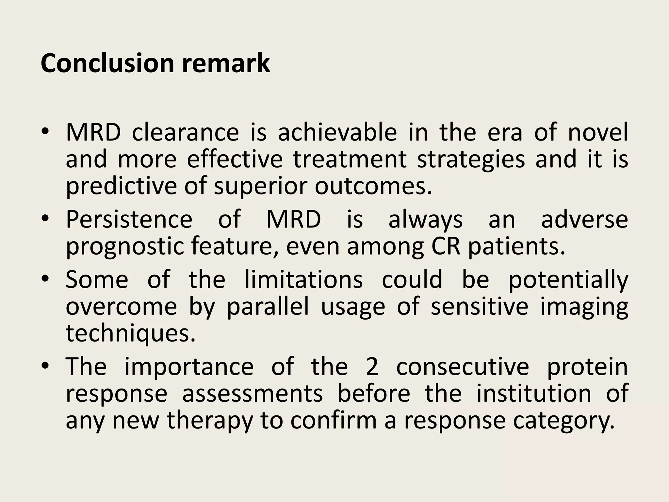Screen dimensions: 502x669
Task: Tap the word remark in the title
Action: [226, 63]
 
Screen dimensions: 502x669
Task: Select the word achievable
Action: [337, 132]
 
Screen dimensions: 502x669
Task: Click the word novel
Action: [598, 132]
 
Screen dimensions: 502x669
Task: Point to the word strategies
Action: [471, 160]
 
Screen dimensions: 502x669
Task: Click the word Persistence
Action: [129, 220]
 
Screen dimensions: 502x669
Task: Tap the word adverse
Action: [584, 220]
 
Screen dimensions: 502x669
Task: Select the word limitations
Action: [303, 280]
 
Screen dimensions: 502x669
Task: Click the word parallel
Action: [268, 307]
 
